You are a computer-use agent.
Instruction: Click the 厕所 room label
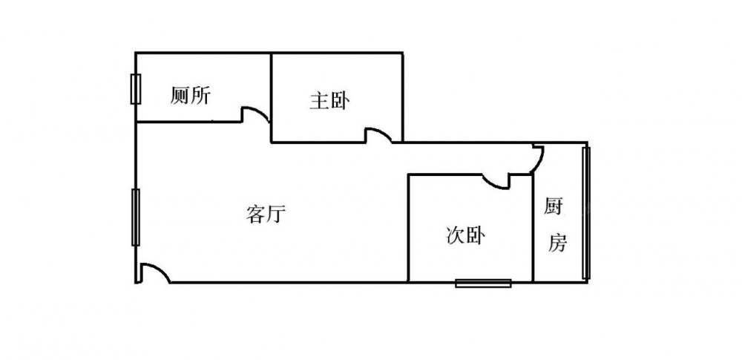point(191,96)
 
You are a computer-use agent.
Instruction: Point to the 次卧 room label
point(466,237)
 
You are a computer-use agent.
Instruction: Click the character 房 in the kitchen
point(557,243)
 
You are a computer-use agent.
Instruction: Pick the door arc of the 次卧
point(495,180)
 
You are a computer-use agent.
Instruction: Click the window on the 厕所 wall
point(135,89)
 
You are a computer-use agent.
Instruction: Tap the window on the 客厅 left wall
point(135,217)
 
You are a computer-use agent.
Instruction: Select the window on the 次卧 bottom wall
point(484,282)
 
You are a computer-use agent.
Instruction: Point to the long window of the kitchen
point(586,213)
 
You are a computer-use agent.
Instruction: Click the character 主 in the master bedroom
point(319,102)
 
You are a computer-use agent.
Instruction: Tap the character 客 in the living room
point(255,215)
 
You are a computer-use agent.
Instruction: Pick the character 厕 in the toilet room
point(180,96)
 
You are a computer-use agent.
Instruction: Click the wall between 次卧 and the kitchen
point(533,230)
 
